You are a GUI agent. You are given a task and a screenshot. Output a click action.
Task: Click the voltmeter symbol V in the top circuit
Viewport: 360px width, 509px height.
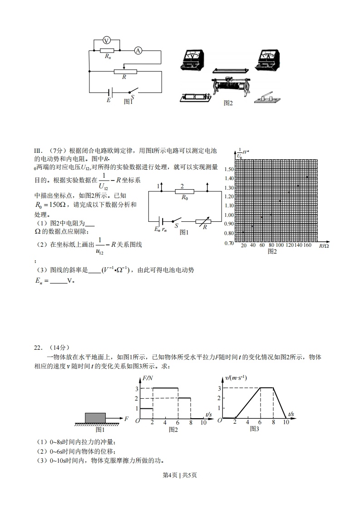107,41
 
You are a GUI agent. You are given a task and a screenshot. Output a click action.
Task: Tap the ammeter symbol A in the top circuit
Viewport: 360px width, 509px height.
138,51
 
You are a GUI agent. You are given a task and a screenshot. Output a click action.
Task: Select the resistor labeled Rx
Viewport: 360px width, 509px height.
107,50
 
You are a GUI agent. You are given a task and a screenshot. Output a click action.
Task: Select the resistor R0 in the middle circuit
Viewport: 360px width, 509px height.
185,192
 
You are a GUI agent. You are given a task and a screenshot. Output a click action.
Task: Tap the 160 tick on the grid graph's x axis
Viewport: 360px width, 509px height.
307,245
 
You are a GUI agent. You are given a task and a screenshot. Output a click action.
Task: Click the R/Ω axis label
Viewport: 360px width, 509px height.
324,245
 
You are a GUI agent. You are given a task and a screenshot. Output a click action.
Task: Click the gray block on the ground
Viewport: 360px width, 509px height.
95,418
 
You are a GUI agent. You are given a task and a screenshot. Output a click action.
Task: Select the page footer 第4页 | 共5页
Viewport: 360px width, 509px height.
180,475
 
